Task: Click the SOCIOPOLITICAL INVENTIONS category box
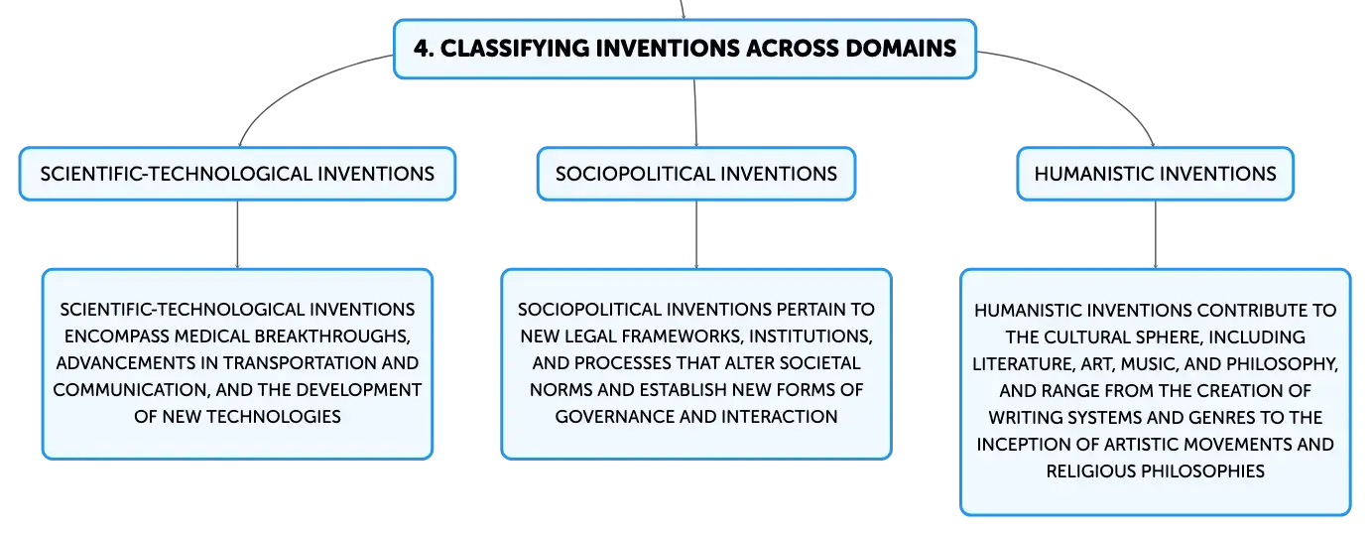[696, 174]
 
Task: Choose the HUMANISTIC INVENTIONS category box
[1156, 174]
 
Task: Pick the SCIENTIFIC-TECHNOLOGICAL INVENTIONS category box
[237, 174]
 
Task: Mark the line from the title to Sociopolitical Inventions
[695, 113]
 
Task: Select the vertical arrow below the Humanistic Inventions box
[1156, 234]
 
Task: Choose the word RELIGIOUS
[1091, 471]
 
